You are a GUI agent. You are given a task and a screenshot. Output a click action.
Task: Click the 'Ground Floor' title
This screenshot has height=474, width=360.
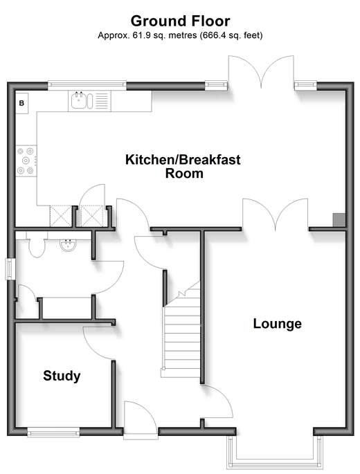coord(180,21)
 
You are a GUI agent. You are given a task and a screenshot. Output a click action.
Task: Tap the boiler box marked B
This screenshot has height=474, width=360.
coord(21,103)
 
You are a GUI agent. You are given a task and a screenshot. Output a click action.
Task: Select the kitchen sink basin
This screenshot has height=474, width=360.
coord(79,100)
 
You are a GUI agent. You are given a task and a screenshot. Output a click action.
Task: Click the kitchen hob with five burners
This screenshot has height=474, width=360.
coord(26,161)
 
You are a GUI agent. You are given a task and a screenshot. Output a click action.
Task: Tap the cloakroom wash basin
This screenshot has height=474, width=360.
coord(68,245)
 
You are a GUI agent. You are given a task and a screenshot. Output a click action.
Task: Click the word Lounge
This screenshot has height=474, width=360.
coord(277,323)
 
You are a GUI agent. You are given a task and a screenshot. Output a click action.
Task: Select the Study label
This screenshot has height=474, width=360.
coord(62,376)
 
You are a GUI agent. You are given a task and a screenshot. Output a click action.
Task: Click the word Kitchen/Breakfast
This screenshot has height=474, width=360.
coord(183,160)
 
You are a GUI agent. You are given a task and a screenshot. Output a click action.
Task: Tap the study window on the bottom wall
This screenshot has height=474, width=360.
coord(53,432)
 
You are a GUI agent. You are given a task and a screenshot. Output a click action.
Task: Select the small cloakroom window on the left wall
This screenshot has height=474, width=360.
coord(10,268)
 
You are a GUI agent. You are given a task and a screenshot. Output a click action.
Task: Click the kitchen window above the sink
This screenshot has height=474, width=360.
coord(87,85)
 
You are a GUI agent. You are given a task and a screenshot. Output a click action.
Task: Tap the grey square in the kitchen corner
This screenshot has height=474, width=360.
coord(339,219)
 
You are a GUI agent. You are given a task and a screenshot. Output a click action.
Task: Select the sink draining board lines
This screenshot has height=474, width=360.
coord(101,100)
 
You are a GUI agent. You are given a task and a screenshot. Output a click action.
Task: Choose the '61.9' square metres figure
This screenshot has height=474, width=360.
coord(138,36)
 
